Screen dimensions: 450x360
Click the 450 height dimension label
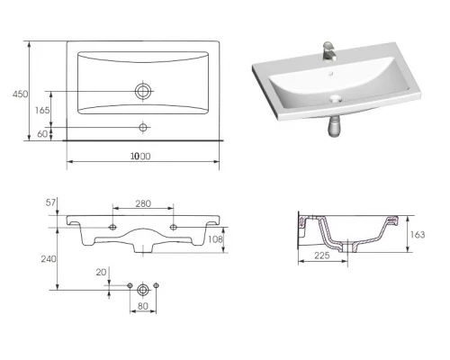tap(20, 94)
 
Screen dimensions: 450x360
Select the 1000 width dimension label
tap(140, 156)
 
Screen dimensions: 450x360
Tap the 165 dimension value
tap(42, 111)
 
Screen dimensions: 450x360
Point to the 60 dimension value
tap(42, 134)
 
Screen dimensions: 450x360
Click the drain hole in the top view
tap(143, 91)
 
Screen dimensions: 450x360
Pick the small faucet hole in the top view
tap(143, 127)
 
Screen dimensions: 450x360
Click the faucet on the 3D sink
tap(329, 51)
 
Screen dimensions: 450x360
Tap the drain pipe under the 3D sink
tap(334, 126)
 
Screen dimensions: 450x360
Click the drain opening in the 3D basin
tap(336, 98)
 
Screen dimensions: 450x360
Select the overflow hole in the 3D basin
tap(331, 73)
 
